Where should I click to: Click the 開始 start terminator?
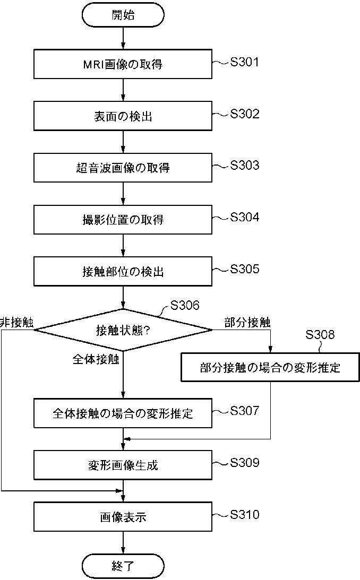coord(123,15)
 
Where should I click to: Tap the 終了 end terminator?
coord(123,566)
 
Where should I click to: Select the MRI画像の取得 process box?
coord(123,64)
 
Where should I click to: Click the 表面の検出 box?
coord(123,116)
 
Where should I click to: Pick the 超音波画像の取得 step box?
coord(123,168)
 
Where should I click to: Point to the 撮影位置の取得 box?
coord(123,220)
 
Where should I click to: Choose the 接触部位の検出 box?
coord(123,272)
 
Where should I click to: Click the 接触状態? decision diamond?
coord(123,330)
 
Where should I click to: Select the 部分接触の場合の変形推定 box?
coord(270,367)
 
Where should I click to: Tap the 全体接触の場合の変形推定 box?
coord(123,413)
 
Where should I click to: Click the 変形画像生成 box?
coord(123,465)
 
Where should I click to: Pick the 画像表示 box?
coord(123,517)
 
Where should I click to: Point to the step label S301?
coord(244,62)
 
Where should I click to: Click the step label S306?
coord(184,305)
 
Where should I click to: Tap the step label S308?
coord(320,334)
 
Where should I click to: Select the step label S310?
coord(244,515)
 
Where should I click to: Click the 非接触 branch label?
coord(16,322)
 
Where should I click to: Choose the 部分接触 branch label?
coord(247,322)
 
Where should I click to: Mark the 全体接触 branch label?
coord(96,359)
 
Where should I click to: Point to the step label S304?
coord(244,217)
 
